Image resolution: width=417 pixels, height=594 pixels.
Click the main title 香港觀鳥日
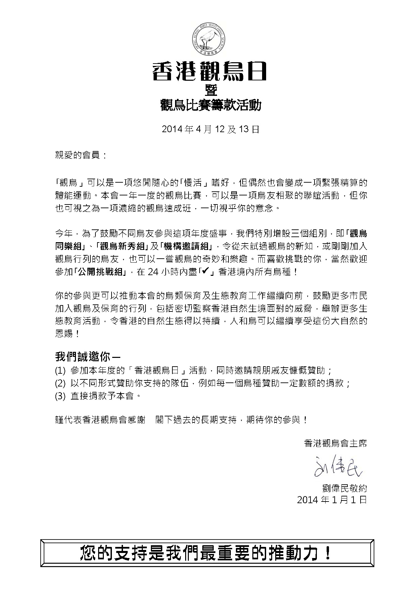pyautogui.click(x=209, y=72)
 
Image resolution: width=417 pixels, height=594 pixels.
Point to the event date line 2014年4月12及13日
pyautogui.click(x=211, y=129)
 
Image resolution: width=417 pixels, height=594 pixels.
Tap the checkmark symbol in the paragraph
pyautogui.click(x=206, y=271)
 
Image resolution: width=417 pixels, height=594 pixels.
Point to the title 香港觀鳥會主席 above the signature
pyautogui.click(x=335, y=443)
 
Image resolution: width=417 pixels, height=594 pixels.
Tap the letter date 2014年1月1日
pyautogui.click(x=332, y=500)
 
